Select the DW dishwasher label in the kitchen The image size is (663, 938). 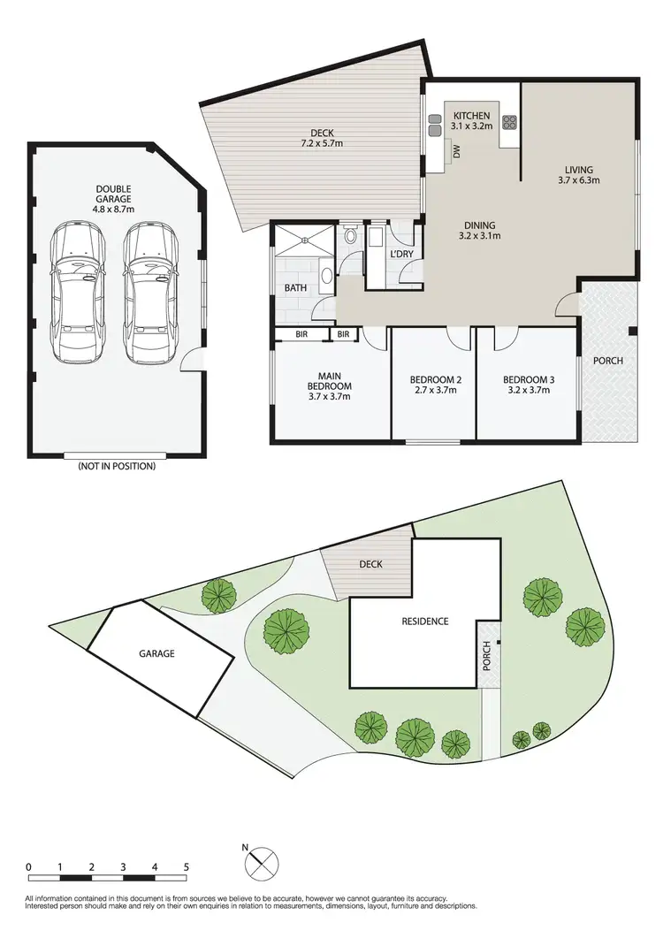(x=457, y=152)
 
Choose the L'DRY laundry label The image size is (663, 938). (x=402, y=255)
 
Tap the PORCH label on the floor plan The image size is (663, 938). (x=608, y=361)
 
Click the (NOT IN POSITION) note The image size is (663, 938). (x=116, y=466)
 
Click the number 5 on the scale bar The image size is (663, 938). (x=187, y=866)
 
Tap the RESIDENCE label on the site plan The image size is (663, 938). (x=425, y=622)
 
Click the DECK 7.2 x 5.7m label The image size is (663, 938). (x=322, y=137)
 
